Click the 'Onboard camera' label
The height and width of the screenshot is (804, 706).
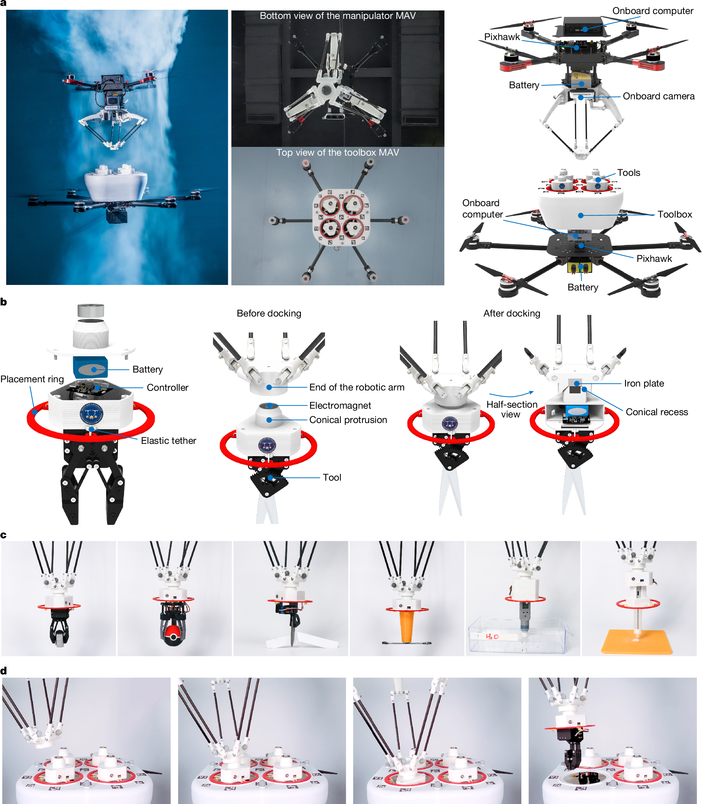tap(658, 96)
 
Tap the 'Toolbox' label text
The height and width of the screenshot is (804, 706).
tap(674, 214)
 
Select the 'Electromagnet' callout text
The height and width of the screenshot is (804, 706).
tap(340, 405)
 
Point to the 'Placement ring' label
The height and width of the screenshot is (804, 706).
tap(32, 379)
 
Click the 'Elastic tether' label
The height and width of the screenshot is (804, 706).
tap(168, 441)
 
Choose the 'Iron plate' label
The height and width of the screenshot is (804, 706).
tap(644, 383)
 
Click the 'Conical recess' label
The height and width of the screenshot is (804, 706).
tap(657, 412)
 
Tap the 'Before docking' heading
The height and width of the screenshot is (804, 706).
tap(269, 314)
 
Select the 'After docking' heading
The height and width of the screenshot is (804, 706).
tap(512, 314)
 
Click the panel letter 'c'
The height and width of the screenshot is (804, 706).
tap(4, 535)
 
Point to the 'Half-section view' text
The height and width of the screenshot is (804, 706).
tap(512, 409)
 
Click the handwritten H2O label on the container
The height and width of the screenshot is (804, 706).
tap(492, 636)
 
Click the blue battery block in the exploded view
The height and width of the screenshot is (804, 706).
tap(91, 367)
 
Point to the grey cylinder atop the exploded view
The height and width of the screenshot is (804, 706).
tap(91, 310)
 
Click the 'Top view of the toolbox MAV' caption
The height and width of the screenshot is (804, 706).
tap(337, 153)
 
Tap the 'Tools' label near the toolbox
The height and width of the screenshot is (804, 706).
tap(628, 173)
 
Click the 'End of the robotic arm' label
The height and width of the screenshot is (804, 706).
tap(357, 387)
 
